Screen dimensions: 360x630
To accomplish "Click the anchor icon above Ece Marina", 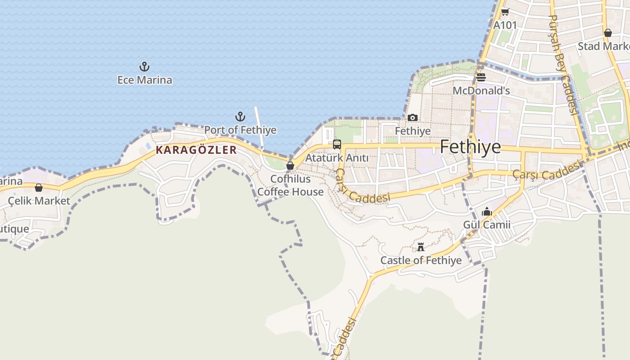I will click(144, 67).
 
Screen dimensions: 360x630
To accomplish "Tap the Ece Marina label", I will click(144, 80).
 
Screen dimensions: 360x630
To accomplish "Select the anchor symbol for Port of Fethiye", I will click(240, 117).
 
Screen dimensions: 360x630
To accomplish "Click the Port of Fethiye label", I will click(240, 130).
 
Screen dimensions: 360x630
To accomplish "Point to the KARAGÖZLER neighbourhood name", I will click(196, 150).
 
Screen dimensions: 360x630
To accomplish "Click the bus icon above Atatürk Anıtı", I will click(337, 144).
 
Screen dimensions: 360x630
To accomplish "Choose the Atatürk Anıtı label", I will click(337, 158).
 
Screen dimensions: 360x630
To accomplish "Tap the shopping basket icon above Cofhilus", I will click(290, 166).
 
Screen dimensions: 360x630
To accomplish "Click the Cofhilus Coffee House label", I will click(290, 185).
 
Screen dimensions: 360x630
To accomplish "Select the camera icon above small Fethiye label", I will click(413, 118).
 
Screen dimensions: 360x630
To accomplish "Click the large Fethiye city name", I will click(470, 147).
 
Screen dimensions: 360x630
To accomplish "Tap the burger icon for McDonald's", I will click(481, 77).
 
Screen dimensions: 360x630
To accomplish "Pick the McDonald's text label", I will click(481, 90).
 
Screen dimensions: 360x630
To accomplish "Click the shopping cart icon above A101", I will click(505, 12).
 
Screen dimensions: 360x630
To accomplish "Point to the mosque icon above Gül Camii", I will click(487, 211).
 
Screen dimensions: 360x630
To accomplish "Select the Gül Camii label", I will click(487, 224).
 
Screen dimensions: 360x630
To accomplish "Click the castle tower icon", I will click(421, 247).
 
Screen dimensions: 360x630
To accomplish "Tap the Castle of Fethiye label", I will click(421, 260).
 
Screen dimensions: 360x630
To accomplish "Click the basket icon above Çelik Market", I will click(39, 188).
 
